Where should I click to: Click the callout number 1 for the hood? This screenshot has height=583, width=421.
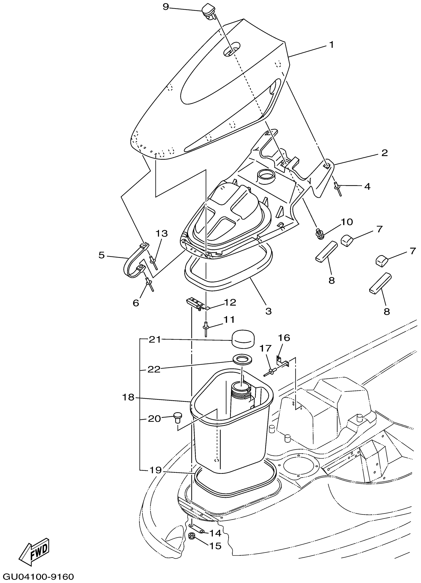pos(332,45)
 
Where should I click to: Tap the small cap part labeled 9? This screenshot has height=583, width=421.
pos(209,12)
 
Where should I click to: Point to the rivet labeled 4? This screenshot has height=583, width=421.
pos(338,188)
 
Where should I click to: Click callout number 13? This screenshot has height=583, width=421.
pos(161,233)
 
